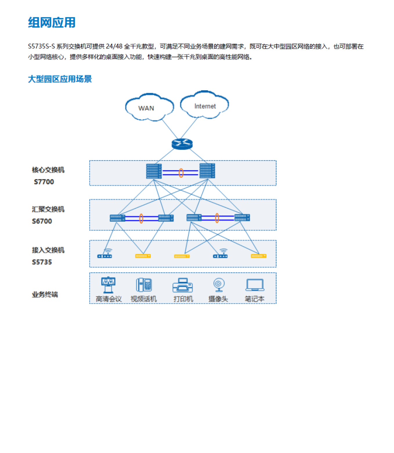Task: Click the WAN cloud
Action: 149,107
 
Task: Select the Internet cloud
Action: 204,105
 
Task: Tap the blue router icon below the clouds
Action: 182,144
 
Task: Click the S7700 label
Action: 44,182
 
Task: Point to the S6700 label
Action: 42,221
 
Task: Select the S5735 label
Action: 42,262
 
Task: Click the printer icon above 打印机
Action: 182,285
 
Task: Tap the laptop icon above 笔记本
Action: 255,285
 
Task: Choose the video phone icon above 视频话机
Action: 144,285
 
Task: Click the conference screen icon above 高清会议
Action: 108,285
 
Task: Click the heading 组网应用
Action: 52,22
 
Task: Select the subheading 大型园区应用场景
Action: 60,79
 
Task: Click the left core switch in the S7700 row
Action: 154,171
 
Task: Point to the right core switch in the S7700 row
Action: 207,171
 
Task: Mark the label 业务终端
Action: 45,294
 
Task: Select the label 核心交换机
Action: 48,170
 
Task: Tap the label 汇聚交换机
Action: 48,209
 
